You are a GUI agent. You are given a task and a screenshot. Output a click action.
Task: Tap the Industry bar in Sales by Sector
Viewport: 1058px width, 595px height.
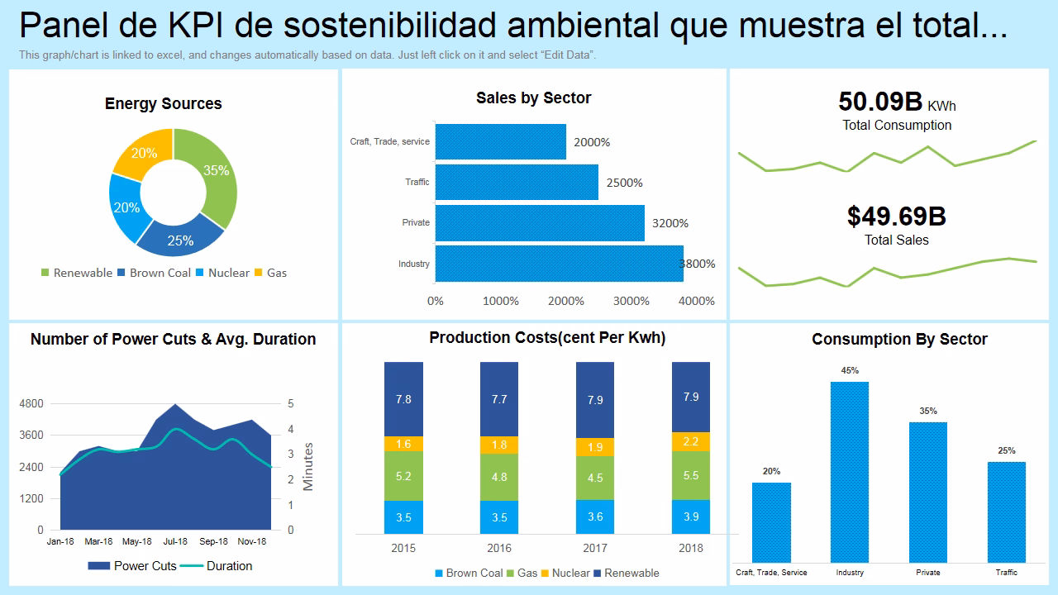(559, 264)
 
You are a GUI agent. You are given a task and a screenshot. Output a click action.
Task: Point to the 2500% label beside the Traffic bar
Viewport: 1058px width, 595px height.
(624, 183)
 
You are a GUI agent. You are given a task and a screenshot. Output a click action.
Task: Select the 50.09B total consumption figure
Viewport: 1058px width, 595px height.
(880, 102)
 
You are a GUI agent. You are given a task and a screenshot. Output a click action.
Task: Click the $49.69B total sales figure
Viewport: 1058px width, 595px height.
(897, 217)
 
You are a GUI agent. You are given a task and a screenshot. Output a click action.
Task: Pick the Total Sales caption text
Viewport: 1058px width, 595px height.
(897, 240)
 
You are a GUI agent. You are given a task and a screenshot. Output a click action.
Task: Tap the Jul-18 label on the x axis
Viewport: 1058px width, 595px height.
(175, 542)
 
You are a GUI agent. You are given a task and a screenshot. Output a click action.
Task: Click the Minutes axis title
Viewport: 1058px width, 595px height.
(308, 467)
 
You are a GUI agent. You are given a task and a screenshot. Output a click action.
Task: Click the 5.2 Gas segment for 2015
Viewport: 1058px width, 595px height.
(403, 476)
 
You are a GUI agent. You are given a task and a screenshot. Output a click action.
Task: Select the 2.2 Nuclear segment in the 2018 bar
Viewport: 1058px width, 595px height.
(691, 442)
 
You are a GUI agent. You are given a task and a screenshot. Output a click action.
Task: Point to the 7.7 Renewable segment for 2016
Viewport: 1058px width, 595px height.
(499, 399)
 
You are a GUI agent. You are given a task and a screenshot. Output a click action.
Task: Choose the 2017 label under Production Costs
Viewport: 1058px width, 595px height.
(595, 548)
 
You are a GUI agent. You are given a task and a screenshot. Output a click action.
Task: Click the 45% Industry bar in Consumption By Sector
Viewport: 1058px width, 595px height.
(850, 471)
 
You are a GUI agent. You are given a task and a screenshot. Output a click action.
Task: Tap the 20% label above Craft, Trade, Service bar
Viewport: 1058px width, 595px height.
(771, 472)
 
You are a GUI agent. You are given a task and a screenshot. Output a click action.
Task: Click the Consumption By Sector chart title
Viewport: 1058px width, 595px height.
(899, 340)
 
